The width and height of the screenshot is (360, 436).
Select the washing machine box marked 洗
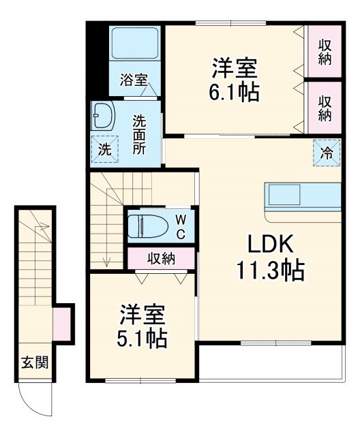click(104, 149)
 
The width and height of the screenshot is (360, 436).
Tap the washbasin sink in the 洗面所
click(104, 117)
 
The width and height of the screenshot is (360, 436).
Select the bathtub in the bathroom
click(135, 44)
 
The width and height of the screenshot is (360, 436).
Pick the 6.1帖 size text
click(235, 92)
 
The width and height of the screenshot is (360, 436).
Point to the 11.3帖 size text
click(270, 271)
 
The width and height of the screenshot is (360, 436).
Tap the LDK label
click(269, 243)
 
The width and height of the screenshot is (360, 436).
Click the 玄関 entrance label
click(34, 362)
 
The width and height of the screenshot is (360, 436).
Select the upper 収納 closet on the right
click(325, 52)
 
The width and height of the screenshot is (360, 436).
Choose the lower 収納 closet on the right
click(325, 106)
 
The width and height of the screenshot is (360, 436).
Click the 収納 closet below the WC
click(161, 258)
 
